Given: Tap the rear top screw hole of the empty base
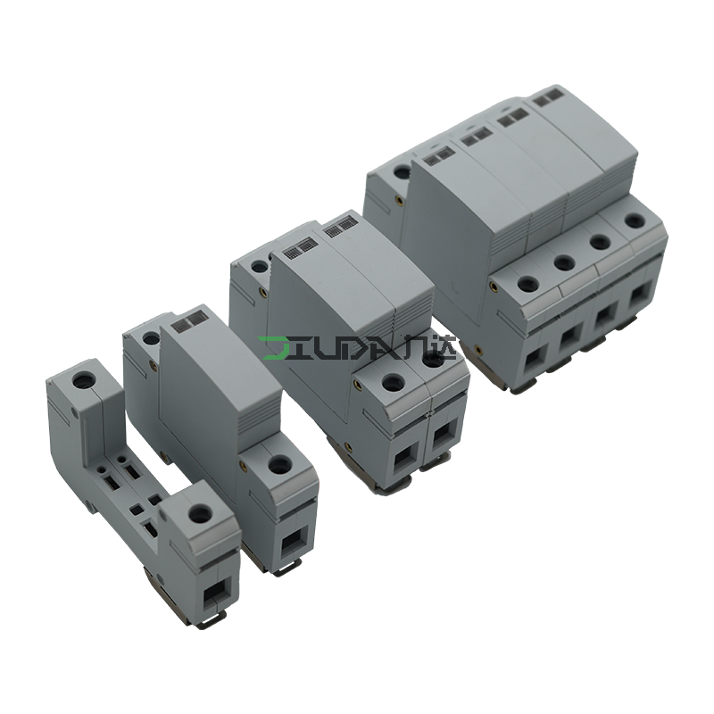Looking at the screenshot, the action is point(83,379).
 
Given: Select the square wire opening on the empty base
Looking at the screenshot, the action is point(215,594).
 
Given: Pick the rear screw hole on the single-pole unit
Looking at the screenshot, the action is point(149,338).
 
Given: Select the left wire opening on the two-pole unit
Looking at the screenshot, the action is point(405,460).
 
